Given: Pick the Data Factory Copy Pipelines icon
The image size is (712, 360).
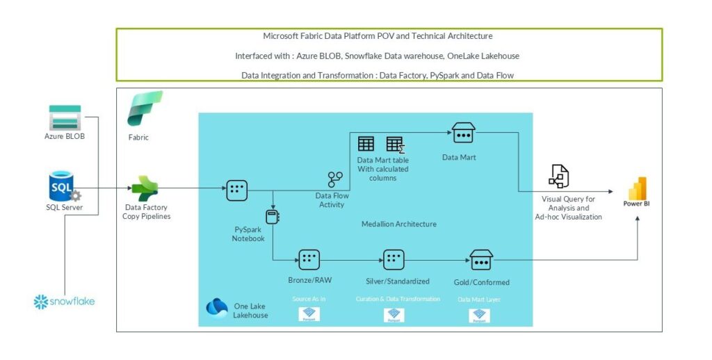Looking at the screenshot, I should click(145, 188).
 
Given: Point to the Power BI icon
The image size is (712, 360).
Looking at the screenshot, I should click(637, 188).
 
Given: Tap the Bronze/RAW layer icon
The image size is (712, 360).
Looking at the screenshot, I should click(309, 260).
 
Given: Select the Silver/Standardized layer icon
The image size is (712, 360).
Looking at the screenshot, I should click(394, 260).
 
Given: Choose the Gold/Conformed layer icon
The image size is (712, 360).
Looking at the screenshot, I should click(481, 260).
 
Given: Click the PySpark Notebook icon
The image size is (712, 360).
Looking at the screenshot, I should click(273, 216).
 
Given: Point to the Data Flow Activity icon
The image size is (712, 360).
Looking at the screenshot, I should click(335, 179).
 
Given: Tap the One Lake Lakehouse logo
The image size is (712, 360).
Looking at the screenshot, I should click(218, 306).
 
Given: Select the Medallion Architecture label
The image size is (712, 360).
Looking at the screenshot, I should click(398, 224).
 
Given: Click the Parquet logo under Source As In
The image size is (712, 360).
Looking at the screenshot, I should click(309, 315).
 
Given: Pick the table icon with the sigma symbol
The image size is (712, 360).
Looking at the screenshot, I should click(395, 145).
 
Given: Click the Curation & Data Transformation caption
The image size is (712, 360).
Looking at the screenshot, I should click(398, 299).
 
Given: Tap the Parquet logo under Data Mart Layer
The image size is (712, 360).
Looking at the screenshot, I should click(479, 316).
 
